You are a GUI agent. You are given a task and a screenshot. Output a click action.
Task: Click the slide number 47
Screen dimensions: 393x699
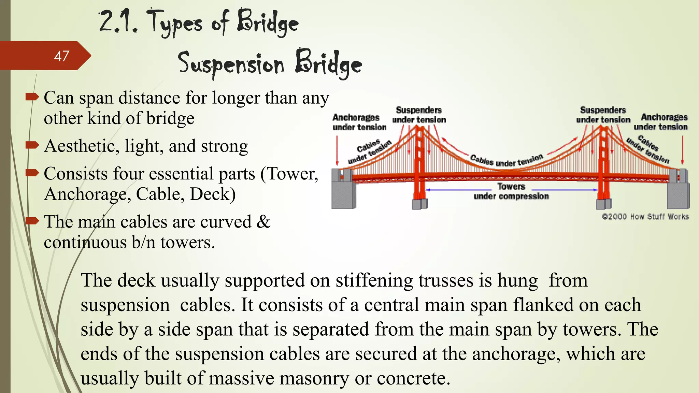pos(61,56)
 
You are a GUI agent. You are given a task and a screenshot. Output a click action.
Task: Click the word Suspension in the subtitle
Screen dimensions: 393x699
pos(231,64)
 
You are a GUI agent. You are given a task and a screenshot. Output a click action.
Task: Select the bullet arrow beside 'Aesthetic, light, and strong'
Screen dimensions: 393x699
pos(32,145)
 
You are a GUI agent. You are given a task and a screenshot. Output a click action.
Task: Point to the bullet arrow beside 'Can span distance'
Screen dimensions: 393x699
pos(32,97)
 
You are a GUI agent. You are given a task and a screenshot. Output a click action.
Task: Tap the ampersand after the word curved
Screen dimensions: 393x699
pos(263,222)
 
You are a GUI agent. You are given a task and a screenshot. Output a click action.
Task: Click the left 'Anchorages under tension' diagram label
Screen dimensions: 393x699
pos(359,122)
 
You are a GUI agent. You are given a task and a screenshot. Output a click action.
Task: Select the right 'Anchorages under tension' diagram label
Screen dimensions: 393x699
pos(661,122)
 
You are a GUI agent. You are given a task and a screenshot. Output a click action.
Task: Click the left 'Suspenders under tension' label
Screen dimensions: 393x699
pos(419,115)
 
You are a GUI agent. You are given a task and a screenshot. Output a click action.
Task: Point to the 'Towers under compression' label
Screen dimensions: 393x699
pos(511,191)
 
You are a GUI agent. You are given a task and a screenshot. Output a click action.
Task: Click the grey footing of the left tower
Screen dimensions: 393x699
pos(419,204)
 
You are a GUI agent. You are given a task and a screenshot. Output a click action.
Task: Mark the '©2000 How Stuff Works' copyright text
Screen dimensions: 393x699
pos(645,217)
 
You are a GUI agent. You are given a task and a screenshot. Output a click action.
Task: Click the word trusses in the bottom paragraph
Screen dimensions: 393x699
pos(446,280)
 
